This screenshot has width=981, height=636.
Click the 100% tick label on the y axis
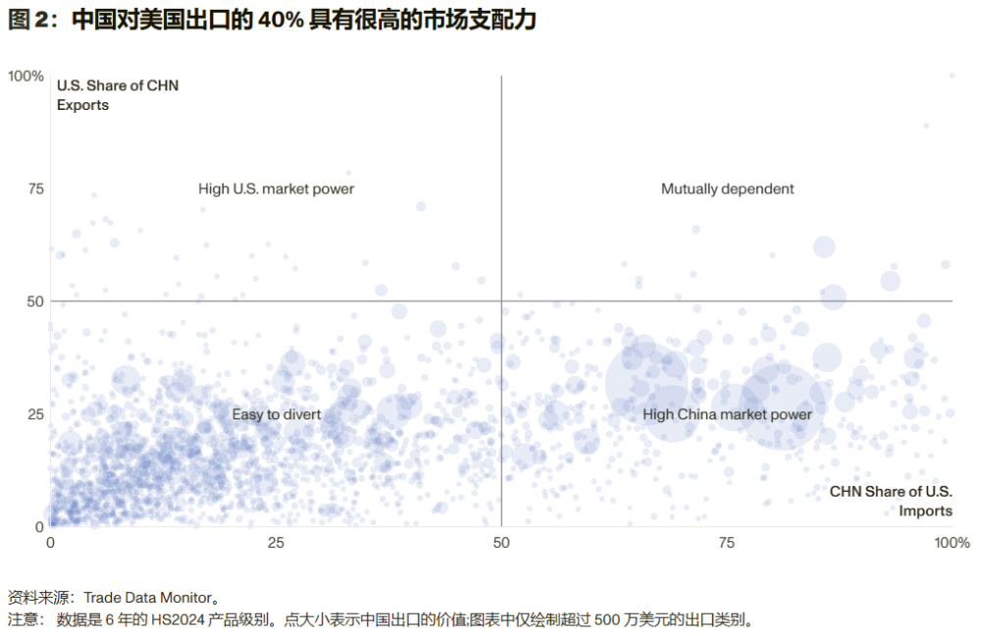coord(26,77)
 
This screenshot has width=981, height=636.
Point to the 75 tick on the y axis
coord(35,189)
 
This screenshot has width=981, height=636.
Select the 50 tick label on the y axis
coord(35,301)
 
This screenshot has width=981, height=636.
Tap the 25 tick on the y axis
coord(35,414)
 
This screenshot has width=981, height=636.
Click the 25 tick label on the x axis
coord(276,543)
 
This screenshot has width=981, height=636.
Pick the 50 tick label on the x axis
coord(501,543)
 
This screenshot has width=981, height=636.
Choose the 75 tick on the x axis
coord(727,543)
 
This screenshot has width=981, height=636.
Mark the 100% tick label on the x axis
coord(951,543)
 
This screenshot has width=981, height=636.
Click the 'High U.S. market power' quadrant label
coord(276,188)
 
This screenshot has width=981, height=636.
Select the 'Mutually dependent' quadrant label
coord(727,188)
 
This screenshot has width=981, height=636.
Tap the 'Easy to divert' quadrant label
coord(277,414)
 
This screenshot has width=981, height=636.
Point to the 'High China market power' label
coord(727,414)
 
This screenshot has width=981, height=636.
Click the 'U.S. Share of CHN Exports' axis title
coord(117,95)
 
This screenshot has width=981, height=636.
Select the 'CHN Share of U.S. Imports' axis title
coord(890,501)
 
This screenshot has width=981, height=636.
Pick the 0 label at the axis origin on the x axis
coord(51,543)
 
